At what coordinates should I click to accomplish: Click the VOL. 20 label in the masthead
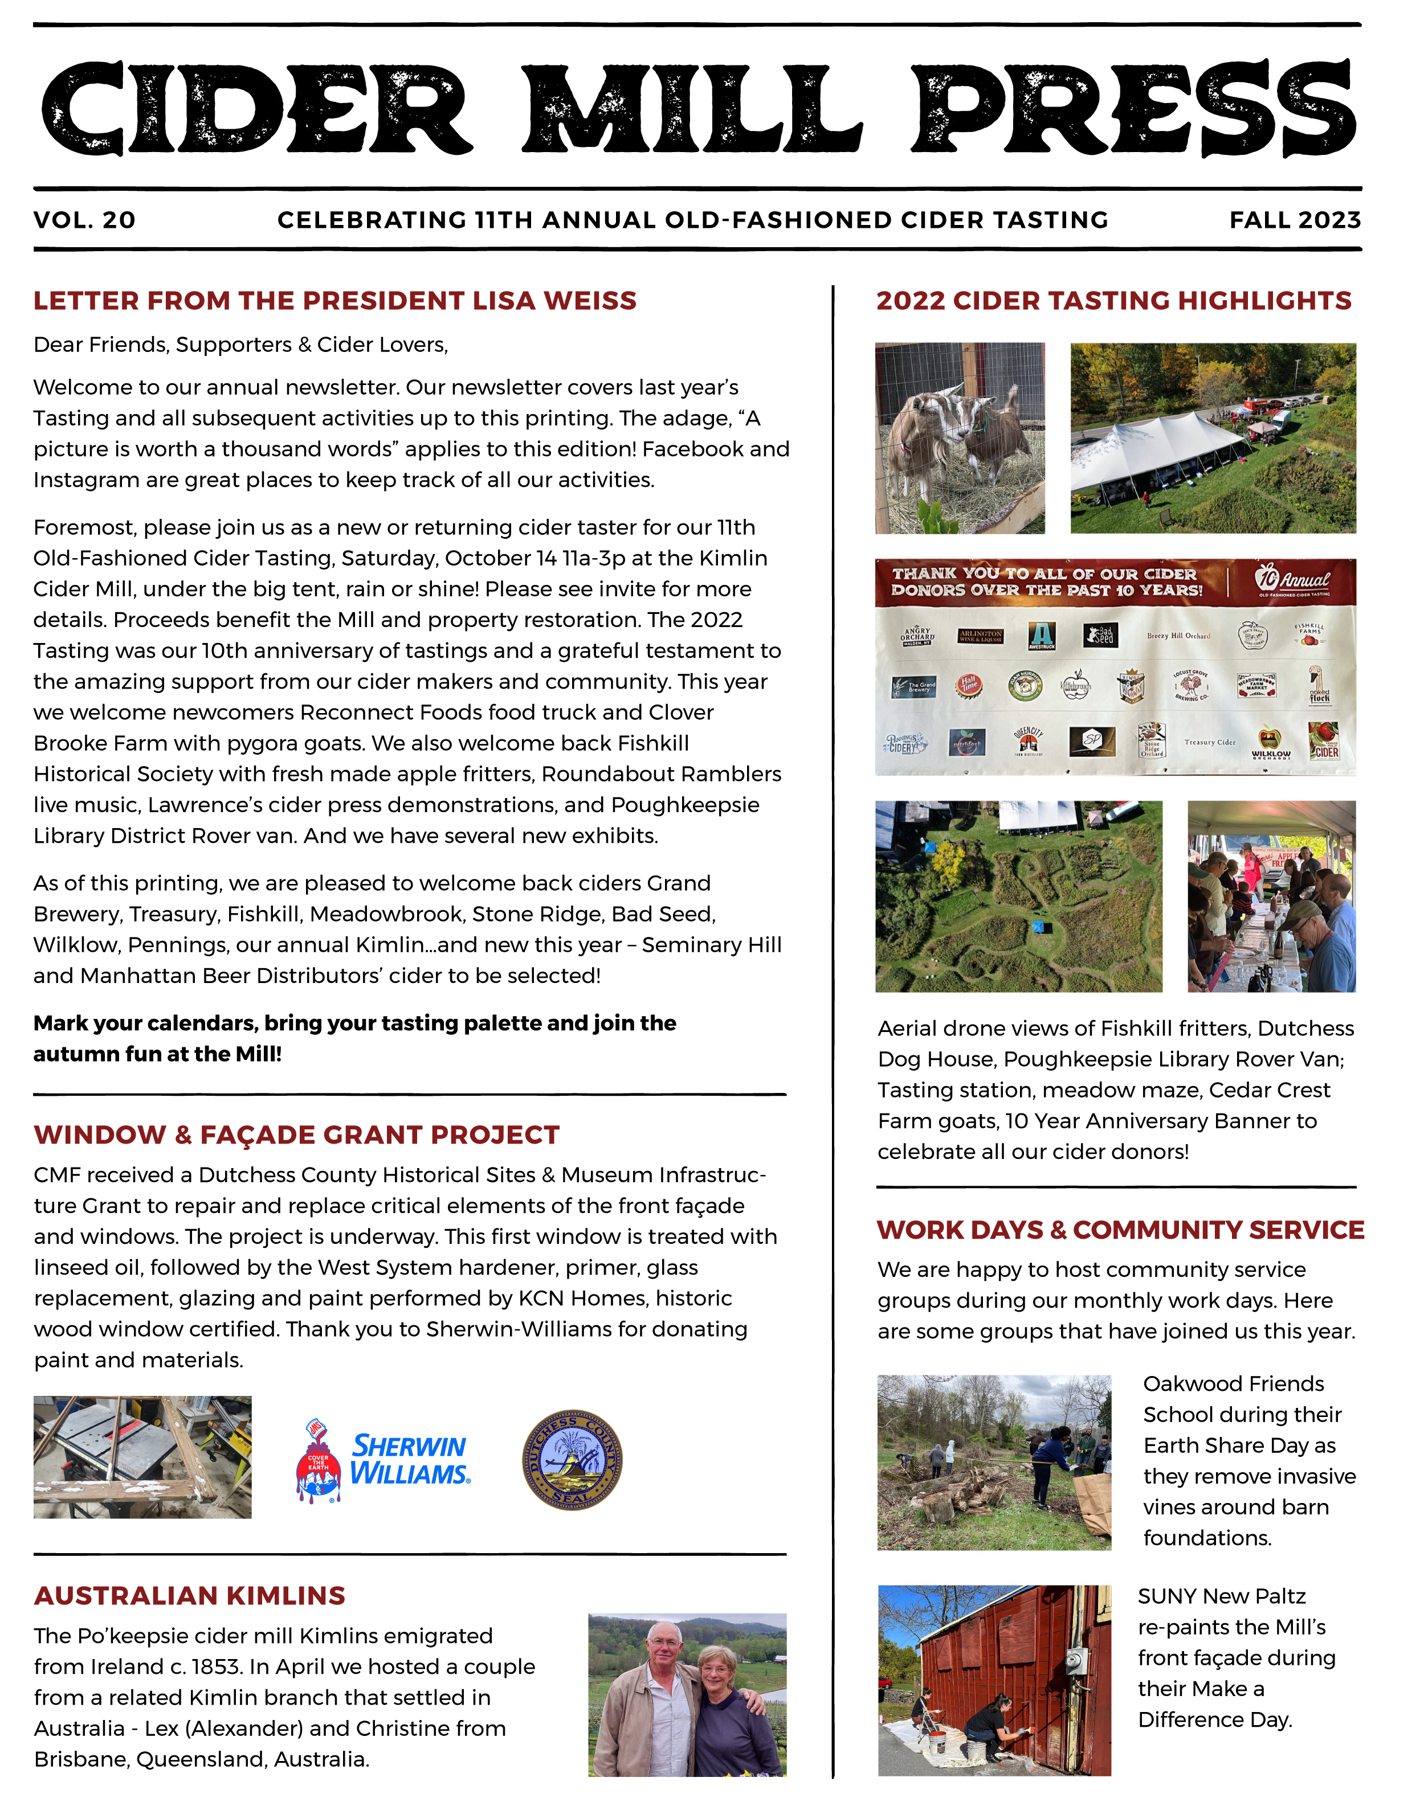click(84, 220)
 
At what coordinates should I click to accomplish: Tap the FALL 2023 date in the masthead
click(1294, 220)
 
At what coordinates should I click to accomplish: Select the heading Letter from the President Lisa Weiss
click(334, 300)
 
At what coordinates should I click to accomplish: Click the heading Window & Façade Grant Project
click(296, 1135)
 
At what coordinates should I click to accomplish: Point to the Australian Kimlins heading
click(189, 1595)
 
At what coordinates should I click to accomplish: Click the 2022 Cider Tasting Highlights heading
click(1113, 300)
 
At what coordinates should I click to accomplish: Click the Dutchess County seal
click(572, 1459)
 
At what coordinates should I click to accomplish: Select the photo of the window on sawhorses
click(142, 1457)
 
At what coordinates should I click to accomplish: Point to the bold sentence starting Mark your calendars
click(354, 1038)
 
